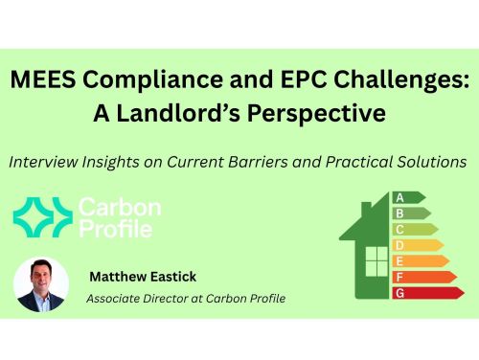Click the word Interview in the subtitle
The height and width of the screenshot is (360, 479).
(46, 162)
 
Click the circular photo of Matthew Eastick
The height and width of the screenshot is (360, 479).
(41, 283)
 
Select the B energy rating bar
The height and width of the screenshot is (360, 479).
(408, 214)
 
